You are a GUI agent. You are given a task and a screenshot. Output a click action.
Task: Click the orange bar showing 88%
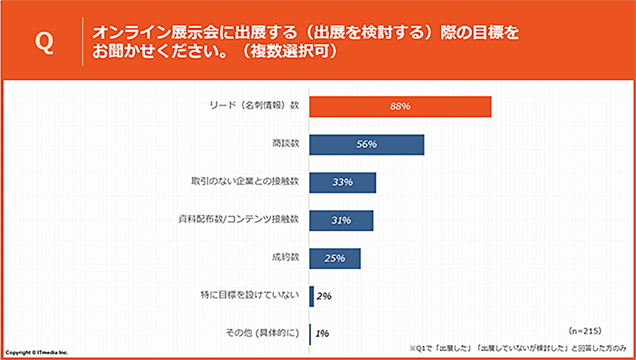[400, 107]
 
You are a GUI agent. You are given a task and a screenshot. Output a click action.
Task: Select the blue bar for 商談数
[366, 144]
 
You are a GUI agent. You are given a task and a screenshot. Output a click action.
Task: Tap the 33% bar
[342, 183]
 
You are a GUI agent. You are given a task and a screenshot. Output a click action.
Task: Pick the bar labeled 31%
[341, 220]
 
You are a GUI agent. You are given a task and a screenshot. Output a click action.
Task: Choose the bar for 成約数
[335, 258]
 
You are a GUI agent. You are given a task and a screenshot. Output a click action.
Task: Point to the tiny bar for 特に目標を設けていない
[312, 296]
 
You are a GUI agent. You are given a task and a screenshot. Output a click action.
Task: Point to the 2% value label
[324, 296]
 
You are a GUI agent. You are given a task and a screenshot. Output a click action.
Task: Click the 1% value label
[322, 334]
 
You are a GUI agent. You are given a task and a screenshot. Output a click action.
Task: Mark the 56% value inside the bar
[367, 144]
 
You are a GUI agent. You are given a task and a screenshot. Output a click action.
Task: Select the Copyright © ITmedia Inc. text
[37, 352]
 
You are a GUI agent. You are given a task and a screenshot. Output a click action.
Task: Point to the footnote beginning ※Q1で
[518, 348]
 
